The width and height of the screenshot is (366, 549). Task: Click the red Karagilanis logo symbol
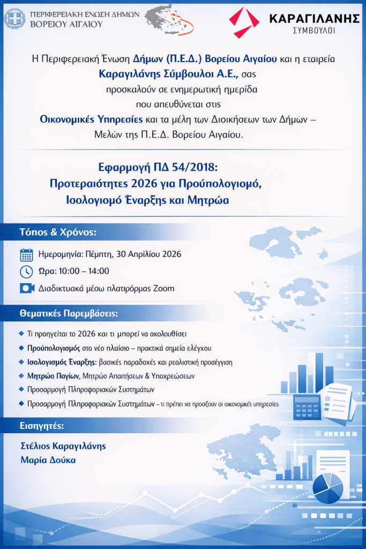(x=244, y=22)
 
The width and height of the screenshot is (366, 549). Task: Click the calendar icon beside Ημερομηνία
(x=27, y=255)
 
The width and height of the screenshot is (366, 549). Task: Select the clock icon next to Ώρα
(x=26, y=271)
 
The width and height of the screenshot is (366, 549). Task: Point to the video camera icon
(x=27, y=288)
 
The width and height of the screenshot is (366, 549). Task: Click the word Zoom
(x=163, y=288)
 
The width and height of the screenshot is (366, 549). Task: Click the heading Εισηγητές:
(x=41, y=426)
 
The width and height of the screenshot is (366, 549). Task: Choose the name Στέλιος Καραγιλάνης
(x=63, y=446)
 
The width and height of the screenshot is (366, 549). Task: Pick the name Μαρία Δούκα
(x=48, y=460)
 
